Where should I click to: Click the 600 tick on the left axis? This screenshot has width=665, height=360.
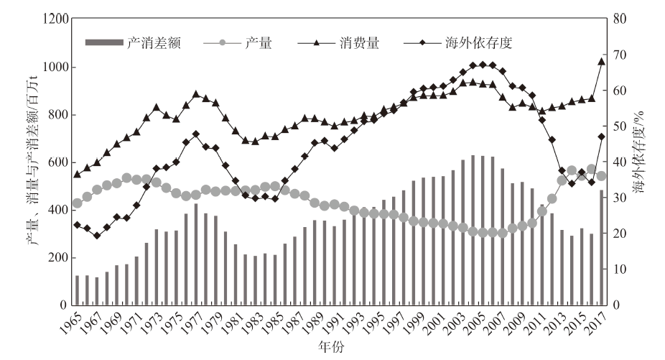61,162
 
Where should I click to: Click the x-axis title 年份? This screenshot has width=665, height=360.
332,347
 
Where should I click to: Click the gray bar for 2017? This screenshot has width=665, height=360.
602,247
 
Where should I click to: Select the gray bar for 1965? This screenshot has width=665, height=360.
78,290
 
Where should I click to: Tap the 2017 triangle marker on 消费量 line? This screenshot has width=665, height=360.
602,61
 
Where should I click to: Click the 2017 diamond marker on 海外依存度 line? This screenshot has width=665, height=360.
602,137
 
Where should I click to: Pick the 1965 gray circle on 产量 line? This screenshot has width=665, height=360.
78,203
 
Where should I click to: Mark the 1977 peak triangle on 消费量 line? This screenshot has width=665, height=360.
196,94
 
